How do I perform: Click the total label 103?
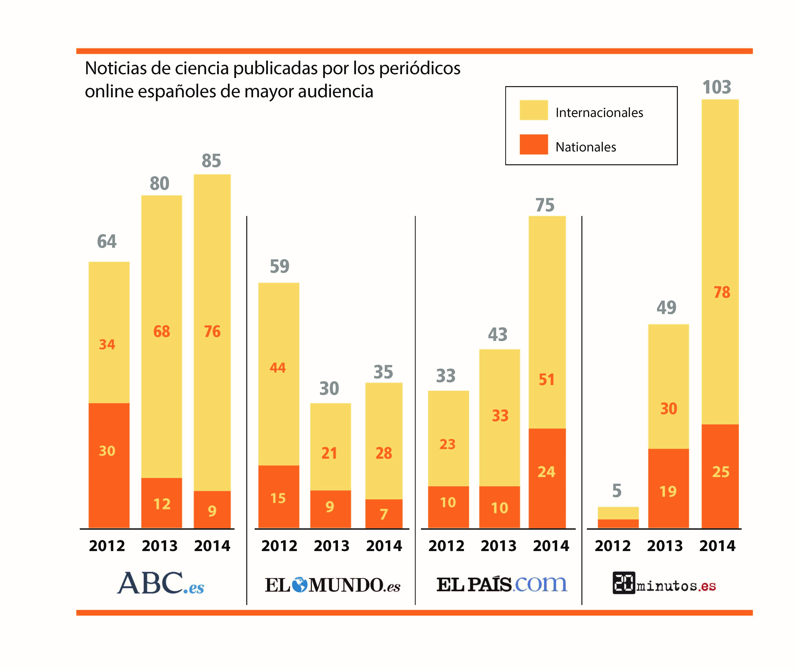716,87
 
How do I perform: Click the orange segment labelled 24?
547,478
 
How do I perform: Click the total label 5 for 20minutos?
617,491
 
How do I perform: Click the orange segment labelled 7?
384,514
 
